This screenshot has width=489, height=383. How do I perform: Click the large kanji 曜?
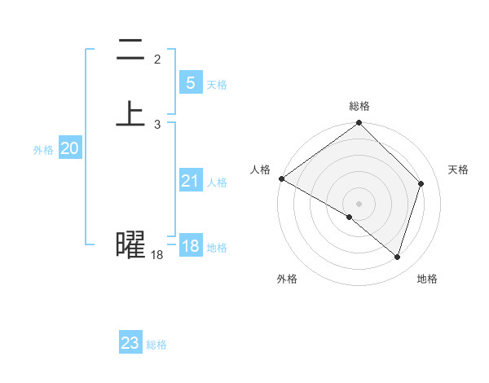pyautogui.click(x=131, y=244)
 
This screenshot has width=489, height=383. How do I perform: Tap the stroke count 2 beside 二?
pyautogui.click(x=157, y=59)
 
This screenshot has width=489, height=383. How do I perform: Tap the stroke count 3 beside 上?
pyautogui.click(x=157, y=124)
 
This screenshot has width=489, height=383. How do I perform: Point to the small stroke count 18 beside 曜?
pyautogui.click(x=157, y=255)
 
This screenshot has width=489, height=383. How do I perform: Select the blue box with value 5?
pyautogui.click(x=190, y=83)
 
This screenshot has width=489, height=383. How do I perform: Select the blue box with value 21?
pyautogui.click(x=190, y=181)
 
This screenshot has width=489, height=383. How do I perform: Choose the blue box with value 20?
pyautogui.click(x=69, y=148)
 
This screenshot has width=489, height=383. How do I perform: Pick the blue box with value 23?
pyautogui.click(x=130, y=343)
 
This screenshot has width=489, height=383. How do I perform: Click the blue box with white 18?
pyautogui.click(x=190, y=246)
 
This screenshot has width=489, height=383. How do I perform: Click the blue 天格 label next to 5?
pyautogui.click(x=217, y=85)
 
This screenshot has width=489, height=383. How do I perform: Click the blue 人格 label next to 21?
pyautogui.click(x=217, y=183)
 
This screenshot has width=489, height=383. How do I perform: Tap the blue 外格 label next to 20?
pyautogui.click(x=43, y=150)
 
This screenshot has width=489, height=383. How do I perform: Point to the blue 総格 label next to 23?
pyautogui.click(x=156, y=345)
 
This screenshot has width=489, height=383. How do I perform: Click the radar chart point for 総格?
pyautogui.click(x=359, y=123)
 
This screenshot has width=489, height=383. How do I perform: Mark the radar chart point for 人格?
pyautogui.click(x=281, y=178)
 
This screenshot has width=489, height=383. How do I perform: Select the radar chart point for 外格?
pyautogui.click(x=350, y=217)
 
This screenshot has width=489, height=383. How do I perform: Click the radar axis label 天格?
pyautogui.click(x=459, y=169)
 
